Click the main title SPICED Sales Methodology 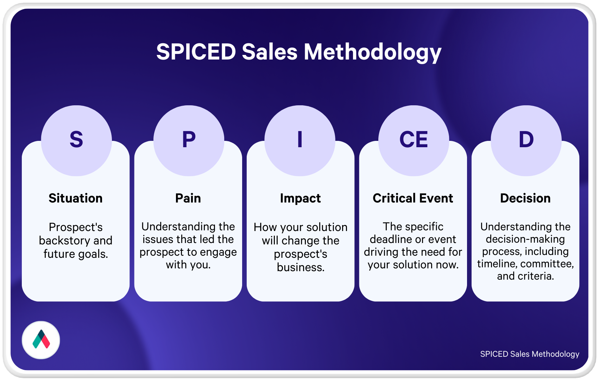[x=299, y=52]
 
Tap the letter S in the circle [x=76, y=139]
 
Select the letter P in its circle [x=189, y=139]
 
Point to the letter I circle [x=300, y=141]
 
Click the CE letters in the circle [x=414, y=139]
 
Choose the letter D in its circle [x=526, y=139]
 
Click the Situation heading [x=76, y=198]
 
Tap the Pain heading [x=188, y=198]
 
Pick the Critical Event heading [x=413, y=198]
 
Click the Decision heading [x=525, y=198]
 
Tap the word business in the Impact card [x=301, y=267]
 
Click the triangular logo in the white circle [x=41, y=339]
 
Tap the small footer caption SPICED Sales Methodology [x=530, y=354]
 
